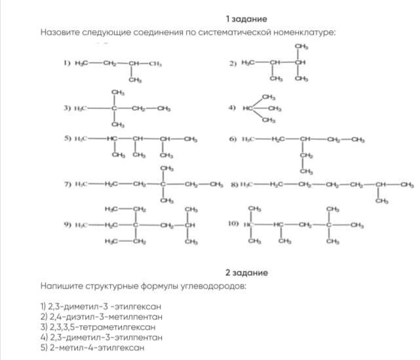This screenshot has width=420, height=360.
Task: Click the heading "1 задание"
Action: point(246,19)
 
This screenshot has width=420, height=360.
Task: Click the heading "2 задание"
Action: point(246,272)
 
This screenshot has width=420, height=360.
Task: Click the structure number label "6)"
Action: point(233,139)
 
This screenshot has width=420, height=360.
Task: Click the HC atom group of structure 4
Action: point(248,108)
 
